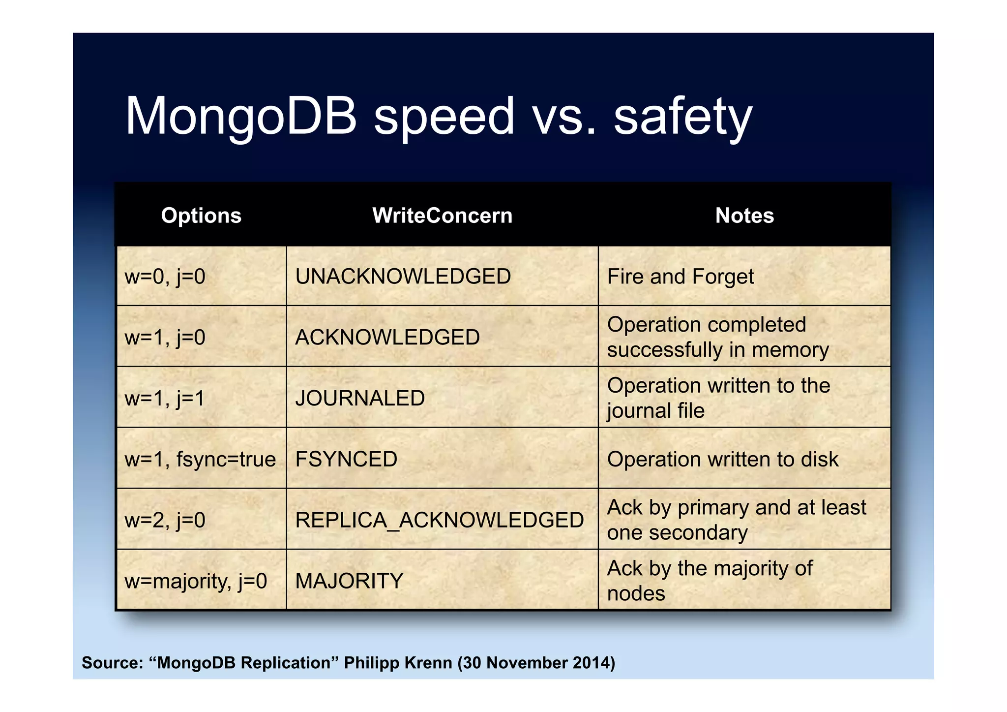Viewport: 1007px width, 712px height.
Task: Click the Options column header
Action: (x=201, y=216)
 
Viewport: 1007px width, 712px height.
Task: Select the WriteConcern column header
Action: (x=442, y=216)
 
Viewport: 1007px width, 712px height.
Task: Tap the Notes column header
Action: (x=744, y=216)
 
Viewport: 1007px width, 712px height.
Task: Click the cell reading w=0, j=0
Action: (x=165, y=277)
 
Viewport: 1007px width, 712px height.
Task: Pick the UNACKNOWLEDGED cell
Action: (x=403, y=277)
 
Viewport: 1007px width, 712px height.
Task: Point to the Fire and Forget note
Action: (x=681, y=277)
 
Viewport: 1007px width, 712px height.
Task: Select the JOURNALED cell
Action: (x=360, y=398)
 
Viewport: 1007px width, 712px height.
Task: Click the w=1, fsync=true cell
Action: (x=200, y=459)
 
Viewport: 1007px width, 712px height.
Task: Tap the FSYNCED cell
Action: (x=346, y=459)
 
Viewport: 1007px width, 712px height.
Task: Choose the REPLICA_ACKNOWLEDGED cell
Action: (x=440, y=520)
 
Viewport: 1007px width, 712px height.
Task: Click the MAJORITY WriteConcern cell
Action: (x=349, y=581)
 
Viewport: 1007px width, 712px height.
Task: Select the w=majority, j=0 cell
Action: (x=196, y=581)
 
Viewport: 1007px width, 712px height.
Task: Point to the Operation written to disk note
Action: (x=723, y=459)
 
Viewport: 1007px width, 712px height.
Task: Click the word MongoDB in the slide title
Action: (x=241, y=117)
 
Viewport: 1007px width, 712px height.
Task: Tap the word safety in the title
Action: (x=683, y=117)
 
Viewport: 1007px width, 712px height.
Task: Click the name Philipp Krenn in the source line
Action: (x=398, y=663)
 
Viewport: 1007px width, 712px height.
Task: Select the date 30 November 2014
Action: (x=536, y=663)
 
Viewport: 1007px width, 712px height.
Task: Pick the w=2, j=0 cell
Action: (x=165, y=520)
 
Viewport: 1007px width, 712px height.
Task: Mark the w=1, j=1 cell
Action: (x=165, y=398)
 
